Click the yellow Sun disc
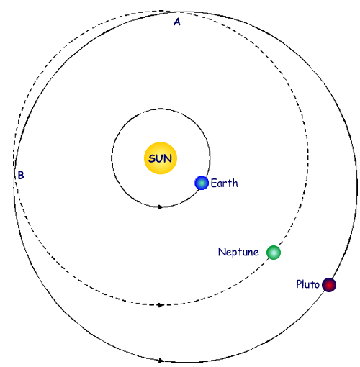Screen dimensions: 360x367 click(x=161, y=158)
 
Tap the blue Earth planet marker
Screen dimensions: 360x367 click(x=202, y=183)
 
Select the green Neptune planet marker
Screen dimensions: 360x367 click(x=274, y=253)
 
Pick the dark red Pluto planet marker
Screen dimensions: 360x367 click(x=329, y=285)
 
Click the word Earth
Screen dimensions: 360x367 click(x=224, y=183)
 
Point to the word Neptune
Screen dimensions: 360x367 click(x=238, y=253)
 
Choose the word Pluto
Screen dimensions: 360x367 click(x=307, y=284)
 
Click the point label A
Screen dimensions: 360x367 click(x=177, y=22)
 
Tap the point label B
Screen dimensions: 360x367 click(x=21, y=175)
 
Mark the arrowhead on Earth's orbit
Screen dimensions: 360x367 click(x=161, y=207)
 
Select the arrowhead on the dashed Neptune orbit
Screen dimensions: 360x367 click(x=161, y=305)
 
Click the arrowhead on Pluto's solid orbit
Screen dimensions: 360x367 click(x=161, y=360)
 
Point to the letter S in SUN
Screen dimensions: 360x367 click(x=152, y=158)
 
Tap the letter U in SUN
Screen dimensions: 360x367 click(x=159, y=158)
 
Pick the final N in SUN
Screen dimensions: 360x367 click(x=168, y=158)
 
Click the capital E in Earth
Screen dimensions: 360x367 click(x=214, y=183)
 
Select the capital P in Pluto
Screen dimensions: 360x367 click(x=299, y=284)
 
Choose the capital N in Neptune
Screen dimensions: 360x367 click(x=222, y=252)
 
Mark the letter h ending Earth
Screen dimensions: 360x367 click(x=235, y=183)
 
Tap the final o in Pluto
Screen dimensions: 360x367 click(x=316, y=285)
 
